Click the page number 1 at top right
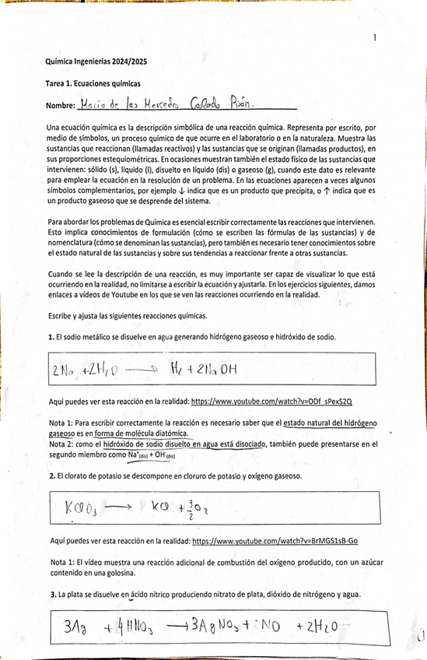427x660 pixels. point(375,37)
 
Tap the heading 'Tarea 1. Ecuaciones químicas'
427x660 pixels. point(93,83)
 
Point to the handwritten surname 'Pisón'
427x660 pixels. point(237,104)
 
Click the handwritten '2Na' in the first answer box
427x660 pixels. point(65,371)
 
